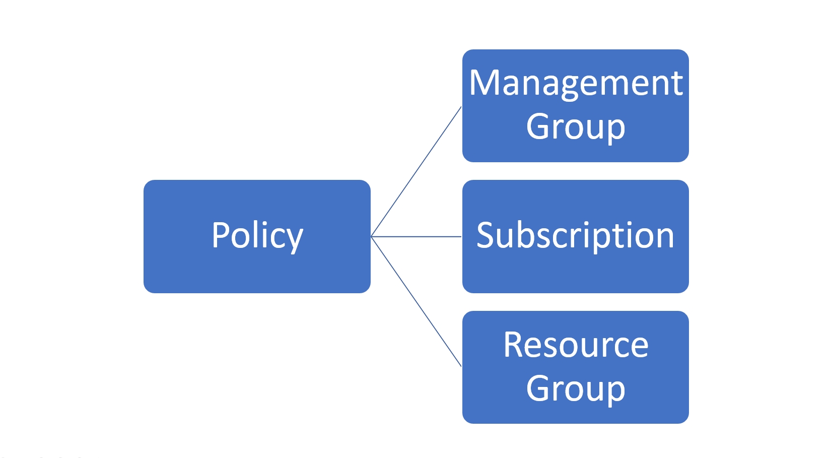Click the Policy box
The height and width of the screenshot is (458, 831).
click(x=257, y=236)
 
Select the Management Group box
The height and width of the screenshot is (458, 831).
click(x=575, y=106)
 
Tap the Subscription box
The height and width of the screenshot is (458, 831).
click(x=575, y=236)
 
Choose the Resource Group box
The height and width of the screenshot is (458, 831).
click(x=575, y=367)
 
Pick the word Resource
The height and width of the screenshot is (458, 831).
click(x=576, y=345)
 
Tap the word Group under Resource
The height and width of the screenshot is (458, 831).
click(x=576, y=389)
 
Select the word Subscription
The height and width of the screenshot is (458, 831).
click(x=575, y=236)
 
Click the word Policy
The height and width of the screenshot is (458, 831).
click(x=257, y=236)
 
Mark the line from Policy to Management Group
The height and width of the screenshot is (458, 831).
click(x=416, y=171)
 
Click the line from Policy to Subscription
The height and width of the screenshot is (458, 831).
click(x=416, y=236)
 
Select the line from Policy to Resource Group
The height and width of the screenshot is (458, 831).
click(x=416, y=302)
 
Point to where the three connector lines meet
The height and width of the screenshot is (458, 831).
click(x=371, y=236)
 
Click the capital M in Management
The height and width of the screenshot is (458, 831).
click(x=486, y=83)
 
